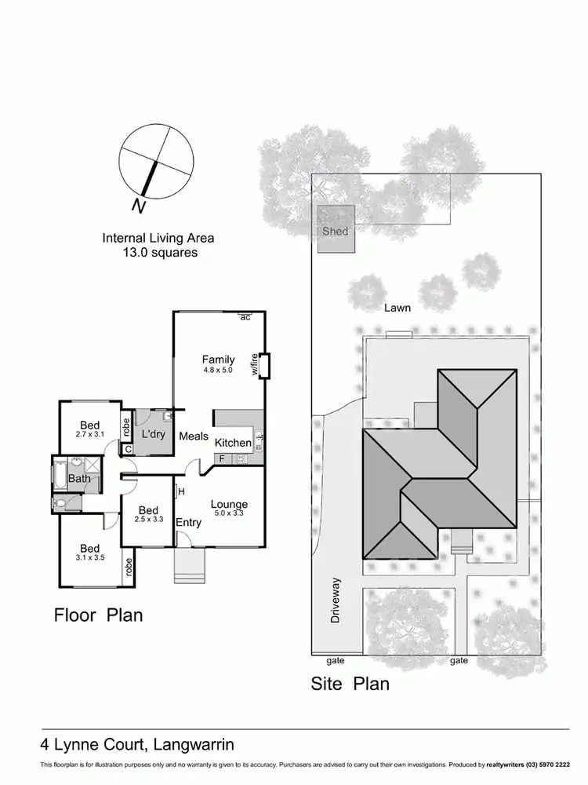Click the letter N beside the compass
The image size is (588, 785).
tap(138, 206)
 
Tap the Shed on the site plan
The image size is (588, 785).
tap(335, 232)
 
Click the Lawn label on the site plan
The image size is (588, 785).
tap(397, 308)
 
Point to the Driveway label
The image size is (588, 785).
tap(337, 601)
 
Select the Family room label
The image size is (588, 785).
tap(218, 360)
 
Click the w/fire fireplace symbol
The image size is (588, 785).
tap(264, 366)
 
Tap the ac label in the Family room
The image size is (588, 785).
tap(245, 317)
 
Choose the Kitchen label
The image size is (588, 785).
tap(233, 443)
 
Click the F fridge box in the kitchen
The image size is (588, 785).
tap(222, 458)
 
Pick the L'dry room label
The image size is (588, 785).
tap(152, 433)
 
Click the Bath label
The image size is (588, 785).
tap(79, 478)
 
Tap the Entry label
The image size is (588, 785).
tap(188, 523)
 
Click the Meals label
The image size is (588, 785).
tap(193, 436)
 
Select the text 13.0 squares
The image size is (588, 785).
tap(158, 253)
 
